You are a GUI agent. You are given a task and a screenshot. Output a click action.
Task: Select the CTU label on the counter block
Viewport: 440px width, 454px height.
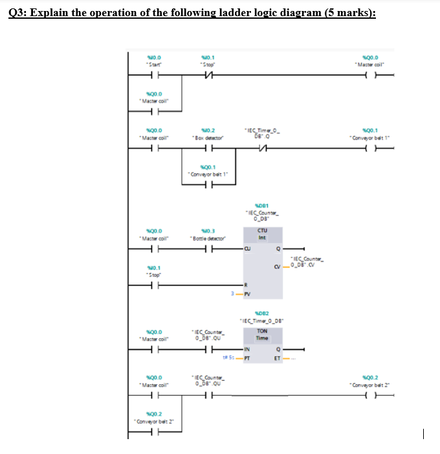click(x=263, y=229)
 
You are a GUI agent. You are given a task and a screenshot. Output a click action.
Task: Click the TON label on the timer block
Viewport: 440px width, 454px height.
click(x=262, y=330)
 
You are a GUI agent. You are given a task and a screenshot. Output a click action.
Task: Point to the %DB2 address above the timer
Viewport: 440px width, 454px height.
click(x=261, y=311)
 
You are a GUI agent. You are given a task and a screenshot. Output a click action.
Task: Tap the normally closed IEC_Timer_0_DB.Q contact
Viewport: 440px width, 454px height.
click(x=261, y=148)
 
